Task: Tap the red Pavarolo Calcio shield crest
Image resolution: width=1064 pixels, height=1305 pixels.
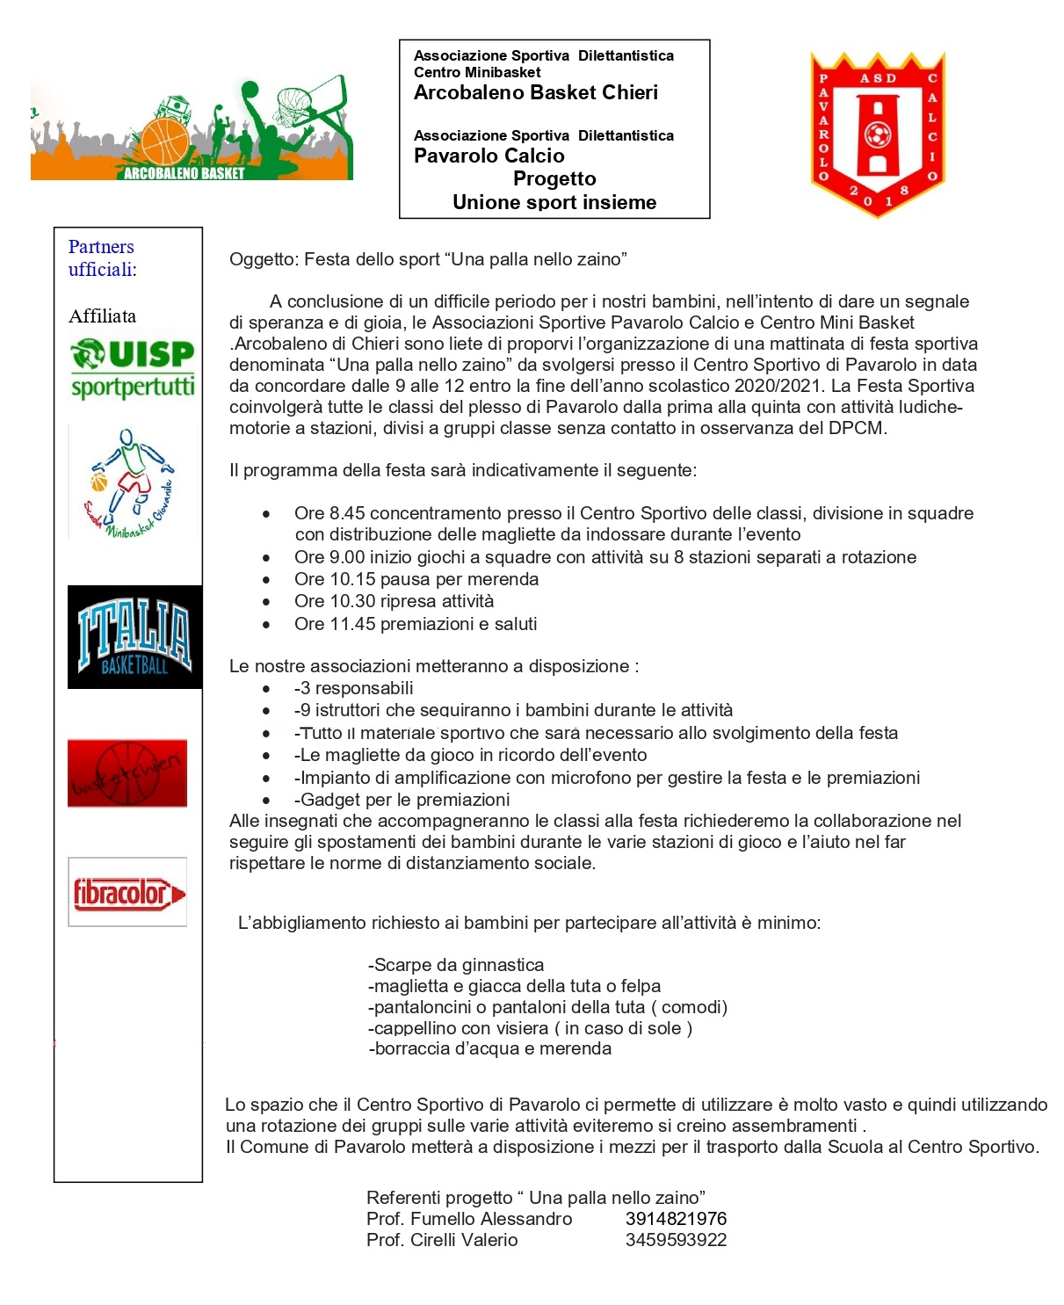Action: tap(878, 134)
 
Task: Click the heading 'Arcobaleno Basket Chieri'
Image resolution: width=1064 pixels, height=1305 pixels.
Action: tap(536, 93)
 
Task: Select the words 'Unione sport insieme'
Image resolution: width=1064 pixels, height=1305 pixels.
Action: tap(554, 203)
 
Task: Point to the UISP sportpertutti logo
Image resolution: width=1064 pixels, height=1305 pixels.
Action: tap(133, 368)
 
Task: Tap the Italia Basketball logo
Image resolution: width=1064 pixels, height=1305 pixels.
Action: tap(134, 637)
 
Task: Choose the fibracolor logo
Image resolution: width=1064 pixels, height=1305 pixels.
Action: tap(128, 893)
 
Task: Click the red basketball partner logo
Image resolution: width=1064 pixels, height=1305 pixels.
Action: tap(127, 773)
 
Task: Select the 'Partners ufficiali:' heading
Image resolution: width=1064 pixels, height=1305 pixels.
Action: tap(102, 258)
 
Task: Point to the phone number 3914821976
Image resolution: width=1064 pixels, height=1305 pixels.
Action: tap(676, 1219)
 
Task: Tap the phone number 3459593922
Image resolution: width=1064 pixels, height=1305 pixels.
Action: tap(676, 1240)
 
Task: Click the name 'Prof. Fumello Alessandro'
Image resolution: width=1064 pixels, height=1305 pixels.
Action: tap(469, 1219)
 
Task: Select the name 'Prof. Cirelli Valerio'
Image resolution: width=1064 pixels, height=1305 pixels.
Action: tap(442, 1240)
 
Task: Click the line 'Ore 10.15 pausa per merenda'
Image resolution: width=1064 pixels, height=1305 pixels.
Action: tap(416, 579)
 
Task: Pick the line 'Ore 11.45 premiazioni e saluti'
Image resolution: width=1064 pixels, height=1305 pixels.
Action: tap(416, 624)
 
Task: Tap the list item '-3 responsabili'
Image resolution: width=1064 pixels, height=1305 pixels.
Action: tap(353, 688)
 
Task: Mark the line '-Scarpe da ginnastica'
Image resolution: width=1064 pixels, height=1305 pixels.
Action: tap(456, 965)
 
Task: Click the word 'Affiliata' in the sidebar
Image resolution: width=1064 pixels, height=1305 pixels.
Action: tap(103, 316)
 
